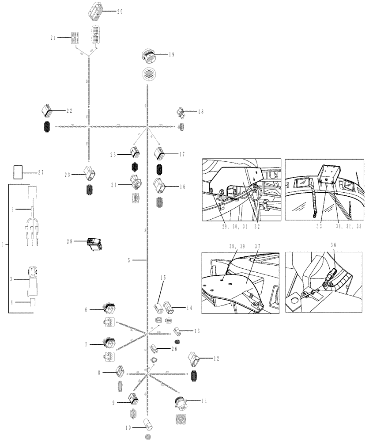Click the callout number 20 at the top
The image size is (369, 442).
pyautogui.click(x=120, y=11)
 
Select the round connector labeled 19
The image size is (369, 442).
pyautogui.click(x=147, y=56)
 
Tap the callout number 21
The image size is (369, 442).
pyautogui.click(x=53, y=38)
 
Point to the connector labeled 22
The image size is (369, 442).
pyautogui.click(x=47, y=110)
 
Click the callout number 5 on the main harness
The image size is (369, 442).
pyautogui.click(x=129, y=261)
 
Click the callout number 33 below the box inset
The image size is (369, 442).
pyautogui.click(x=319, y=225)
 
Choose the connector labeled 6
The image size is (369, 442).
pyautogui.click(x=108, y=311)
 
